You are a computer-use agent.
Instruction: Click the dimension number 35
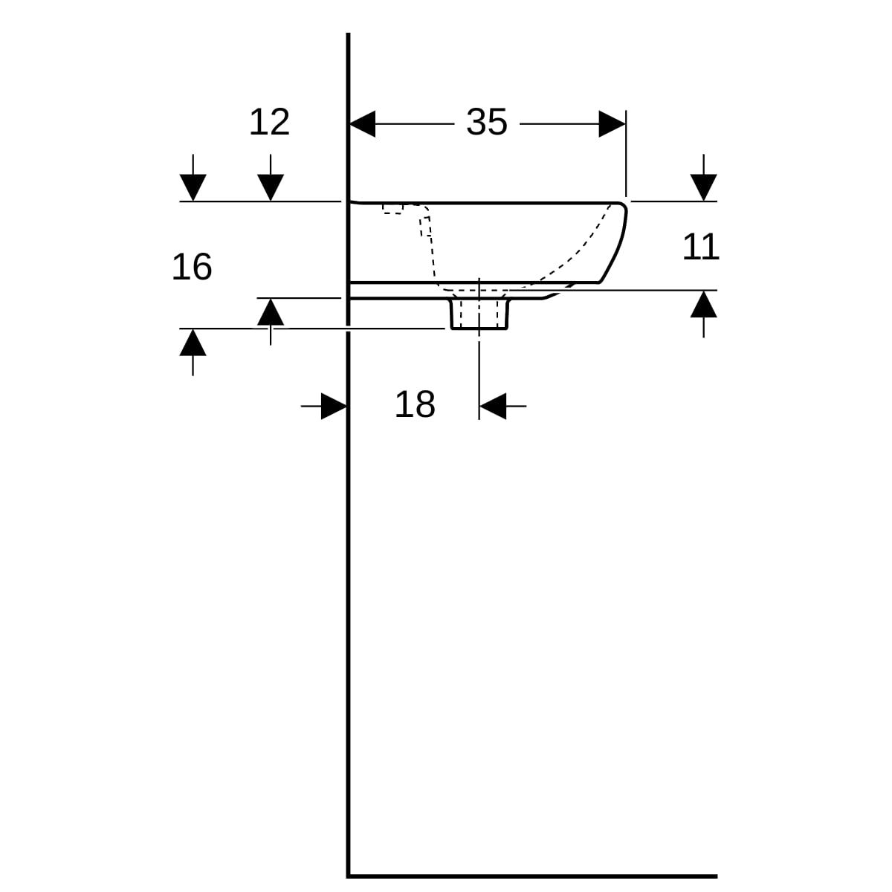point(486,122)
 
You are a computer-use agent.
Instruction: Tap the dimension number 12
point(269,122)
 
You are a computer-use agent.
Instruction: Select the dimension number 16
point(192,267)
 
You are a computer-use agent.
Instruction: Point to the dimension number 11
point(701,248)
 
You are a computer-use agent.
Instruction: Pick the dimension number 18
point(415,404)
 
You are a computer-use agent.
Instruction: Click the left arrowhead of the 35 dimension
point(363,124)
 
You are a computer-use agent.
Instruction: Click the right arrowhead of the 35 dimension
point(612,124)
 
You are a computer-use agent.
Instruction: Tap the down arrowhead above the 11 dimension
point(704,187)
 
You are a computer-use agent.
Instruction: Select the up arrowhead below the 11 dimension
point(704,304)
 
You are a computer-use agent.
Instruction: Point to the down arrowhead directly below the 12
point(271,187)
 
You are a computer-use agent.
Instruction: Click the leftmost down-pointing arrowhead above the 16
point(193,187)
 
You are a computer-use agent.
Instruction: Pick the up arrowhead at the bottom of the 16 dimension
point(193,343)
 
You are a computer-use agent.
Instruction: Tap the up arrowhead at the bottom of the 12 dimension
point(271,312)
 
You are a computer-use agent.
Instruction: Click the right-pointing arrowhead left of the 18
point(334,406)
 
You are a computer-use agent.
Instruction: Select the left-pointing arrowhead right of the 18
point(493,406)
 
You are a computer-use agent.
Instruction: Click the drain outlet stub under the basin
point(479,314)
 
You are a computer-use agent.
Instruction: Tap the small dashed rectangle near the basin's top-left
point(392,209)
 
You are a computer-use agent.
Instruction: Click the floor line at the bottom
point(532,876)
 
